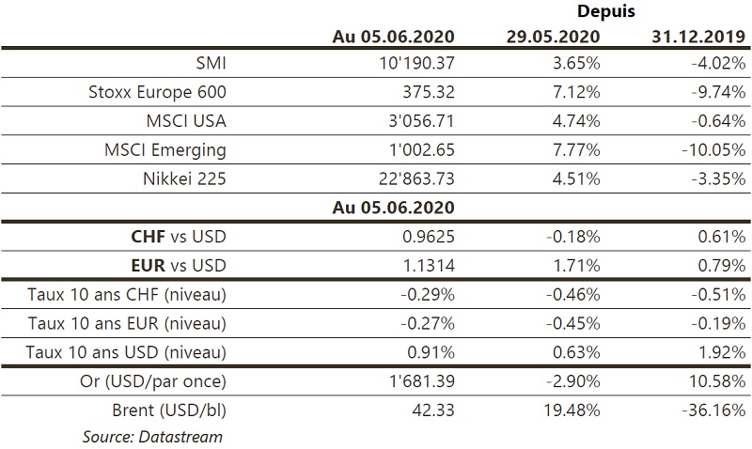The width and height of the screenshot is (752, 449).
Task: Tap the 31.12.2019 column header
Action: click(698, 38)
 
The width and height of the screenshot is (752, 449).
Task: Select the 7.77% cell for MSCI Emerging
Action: click(576, 149)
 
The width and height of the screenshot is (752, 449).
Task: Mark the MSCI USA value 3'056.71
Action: click(415, 121)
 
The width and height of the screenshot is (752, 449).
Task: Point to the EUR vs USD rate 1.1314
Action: click(429, 265)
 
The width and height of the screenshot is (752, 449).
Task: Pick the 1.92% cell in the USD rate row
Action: click(724, 352)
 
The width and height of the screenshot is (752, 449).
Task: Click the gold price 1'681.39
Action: click(415, 381)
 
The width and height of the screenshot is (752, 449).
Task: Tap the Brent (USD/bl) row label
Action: click(168, 410)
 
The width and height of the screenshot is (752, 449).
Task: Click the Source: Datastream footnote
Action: click(152, 436)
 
